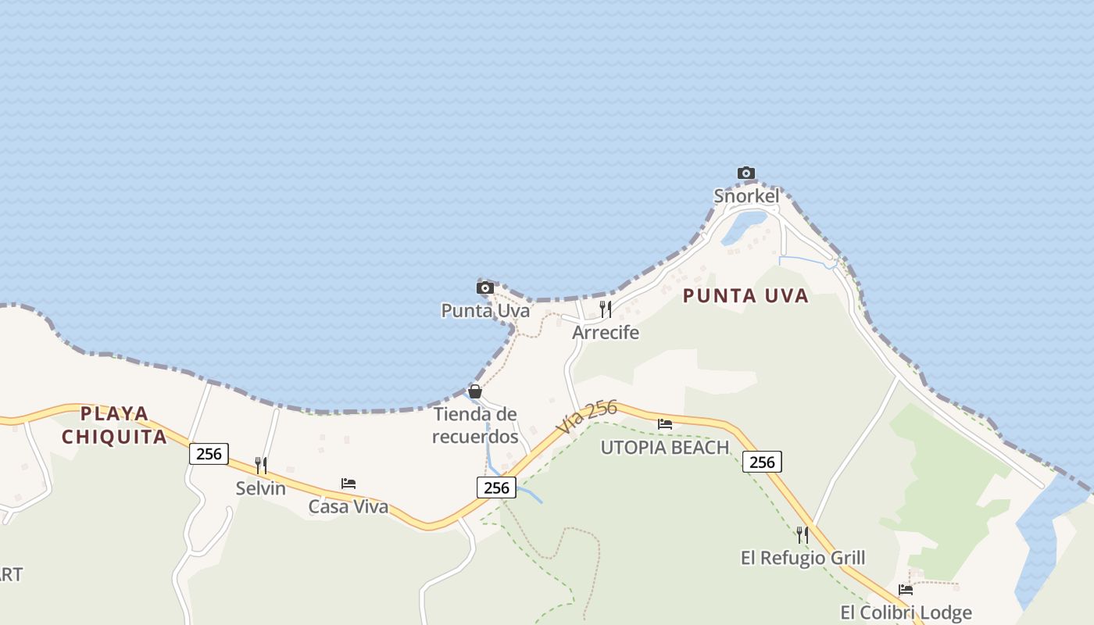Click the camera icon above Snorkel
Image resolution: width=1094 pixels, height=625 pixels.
tap(746, 173)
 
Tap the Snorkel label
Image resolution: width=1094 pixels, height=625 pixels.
tap(746, 196)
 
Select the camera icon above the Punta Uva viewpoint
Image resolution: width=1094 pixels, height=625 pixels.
tap(485, 287)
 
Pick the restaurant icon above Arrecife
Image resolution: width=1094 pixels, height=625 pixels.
tap(606, 309)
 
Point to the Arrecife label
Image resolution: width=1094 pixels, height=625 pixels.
tap(606, 333)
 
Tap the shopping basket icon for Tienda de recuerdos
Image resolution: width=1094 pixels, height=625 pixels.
tap(475, 391)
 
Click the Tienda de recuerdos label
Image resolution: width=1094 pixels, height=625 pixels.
tap(476, 425)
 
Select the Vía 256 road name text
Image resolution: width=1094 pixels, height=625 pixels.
tap(588, 417)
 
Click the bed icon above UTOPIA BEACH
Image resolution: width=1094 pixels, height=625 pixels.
tap(665, 424)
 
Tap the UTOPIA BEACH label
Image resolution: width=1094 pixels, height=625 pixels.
tap(664, 448)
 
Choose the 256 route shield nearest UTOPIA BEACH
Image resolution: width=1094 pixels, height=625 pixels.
tap(762, 462)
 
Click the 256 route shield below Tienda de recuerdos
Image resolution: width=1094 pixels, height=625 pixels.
tap(496, 488)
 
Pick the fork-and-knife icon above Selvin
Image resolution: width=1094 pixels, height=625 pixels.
tap(261, 466)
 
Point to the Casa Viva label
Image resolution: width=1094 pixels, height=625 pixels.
tap(349, 507)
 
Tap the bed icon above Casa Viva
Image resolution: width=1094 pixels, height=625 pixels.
tap(349, 484)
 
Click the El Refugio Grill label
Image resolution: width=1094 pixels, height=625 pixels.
tap(803, 558)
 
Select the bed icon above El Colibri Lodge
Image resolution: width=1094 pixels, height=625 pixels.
tap(906, 589)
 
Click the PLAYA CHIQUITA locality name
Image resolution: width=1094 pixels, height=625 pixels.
tap(114, 425)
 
